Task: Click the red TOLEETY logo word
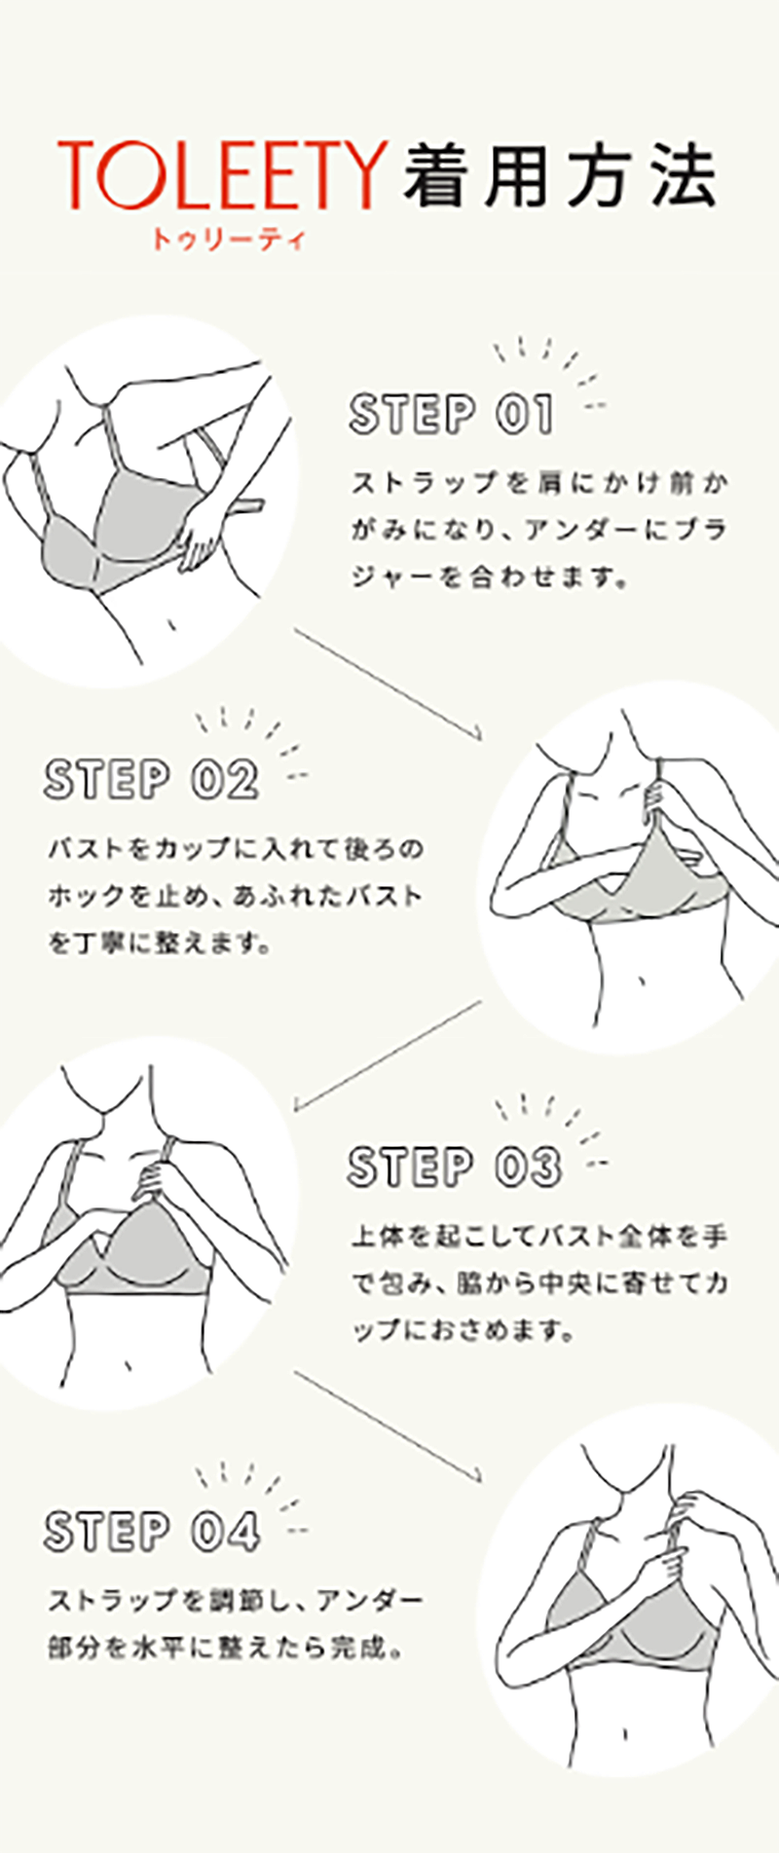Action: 223,175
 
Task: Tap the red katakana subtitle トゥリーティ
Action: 228,238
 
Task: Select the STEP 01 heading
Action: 452,415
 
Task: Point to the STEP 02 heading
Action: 152,780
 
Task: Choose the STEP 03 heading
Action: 455,1167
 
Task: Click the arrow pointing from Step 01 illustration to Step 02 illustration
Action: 389,685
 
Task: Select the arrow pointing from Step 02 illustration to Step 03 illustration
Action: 388,1056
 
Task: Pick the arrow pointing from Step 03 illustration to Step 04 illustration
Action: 389,1427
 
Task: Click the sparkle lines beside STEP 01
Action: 551,371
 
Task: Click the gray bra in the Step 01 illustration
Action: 117,527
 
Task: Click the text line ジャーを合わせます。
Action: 487,578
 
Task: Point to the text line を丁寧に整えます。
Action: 160,943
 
